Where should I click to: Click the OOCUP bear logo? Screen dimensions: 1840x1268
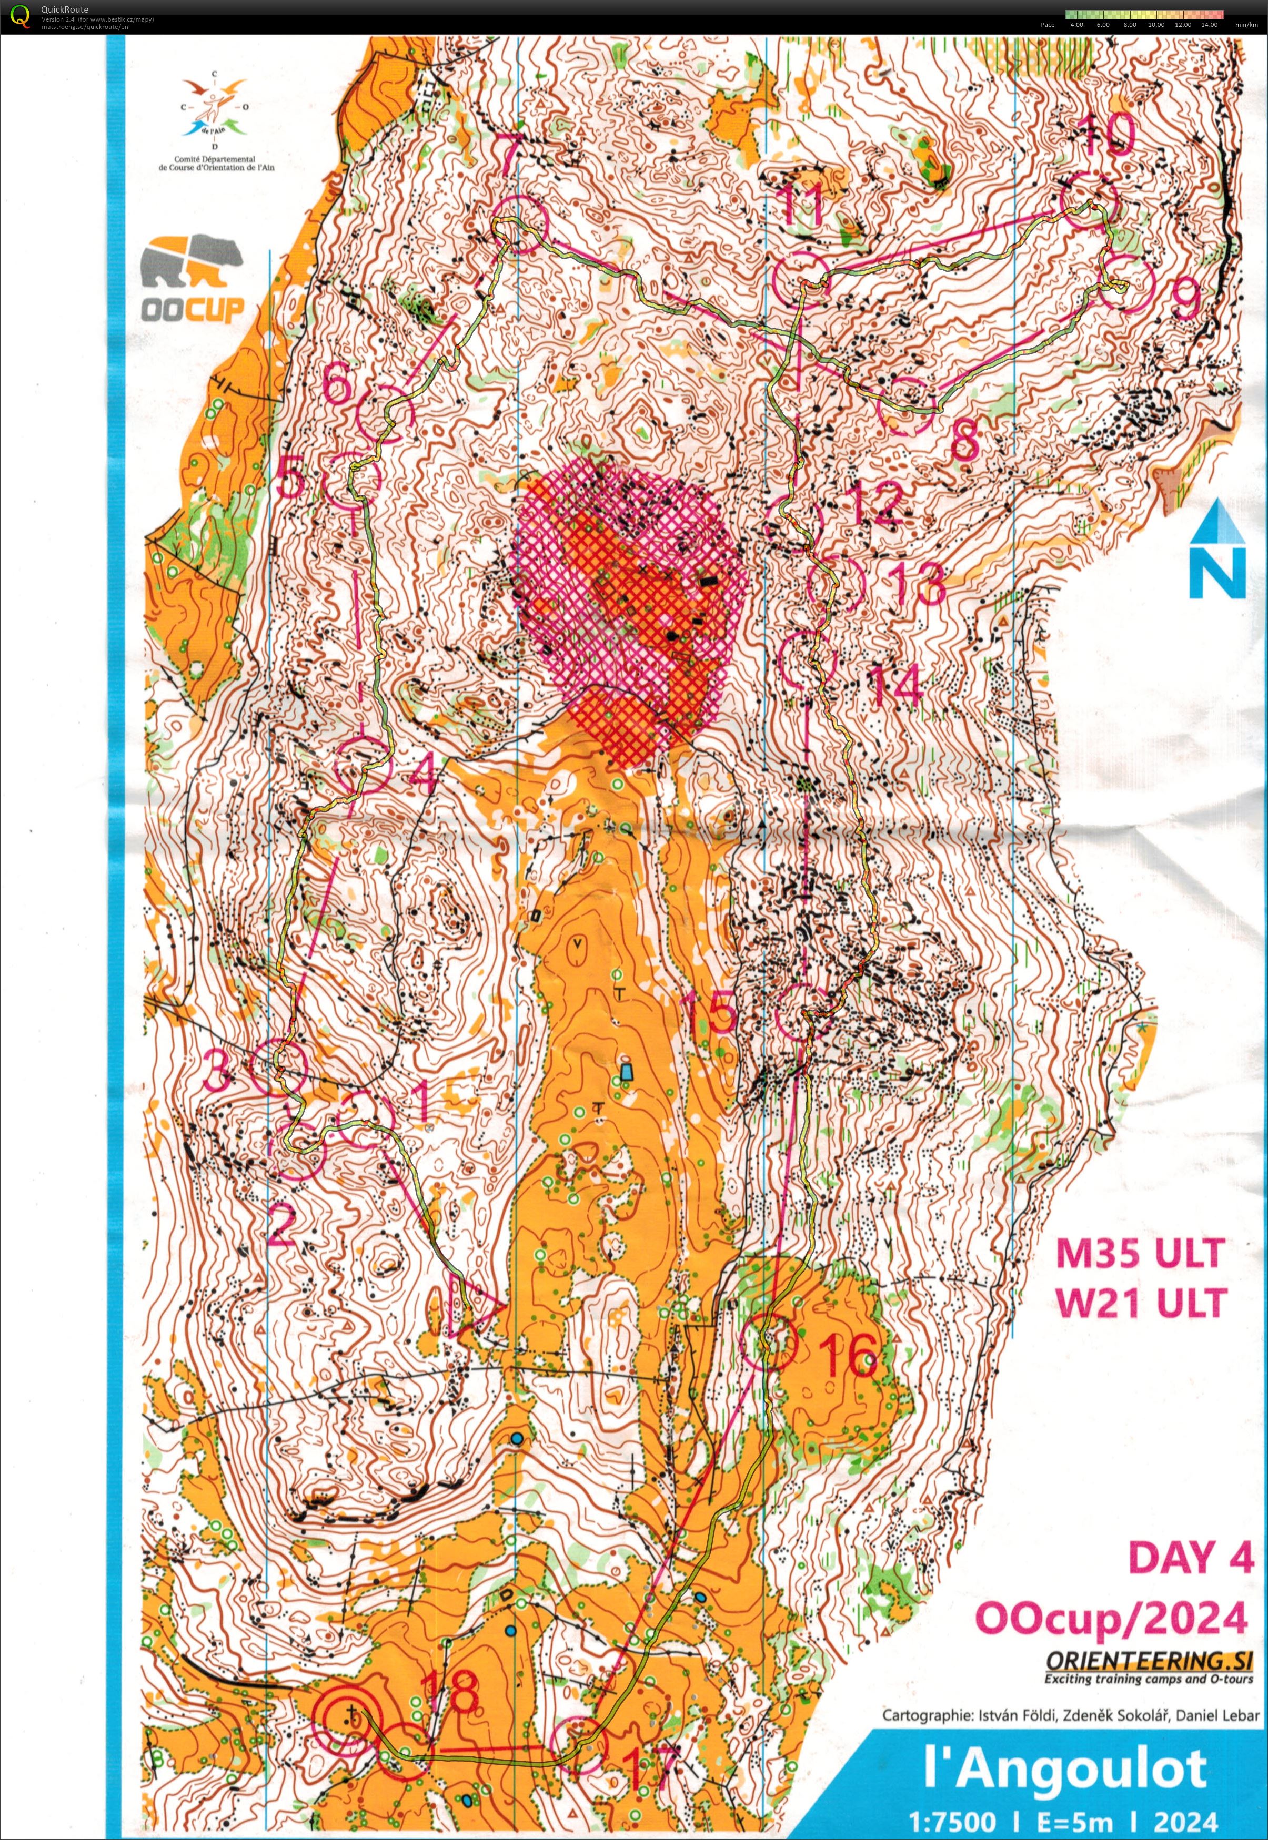point(192,278)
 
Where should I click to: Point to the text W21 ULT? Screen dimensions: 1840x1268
point(1141,1303)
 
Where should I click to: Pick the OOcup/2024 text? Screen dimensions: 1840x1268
point(1111,1618)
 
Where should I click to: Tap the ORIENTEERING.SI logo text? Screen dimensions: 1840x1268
point(1148,1661)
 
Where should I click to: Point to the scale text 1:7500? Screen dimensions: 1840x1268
point(953,1819)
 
